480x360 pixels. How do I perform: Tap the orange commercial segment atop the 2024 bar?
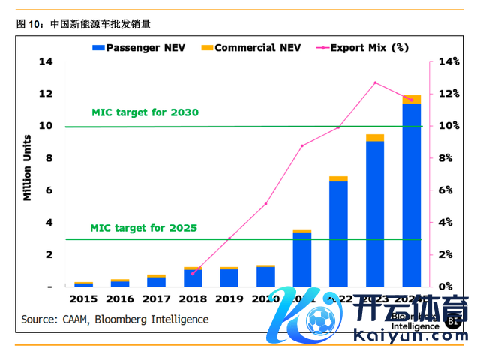point(411,99)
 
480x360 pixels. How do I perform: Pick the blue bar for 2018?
point(193,278)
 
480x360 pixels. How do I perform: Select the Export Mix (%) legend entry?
point(363,47)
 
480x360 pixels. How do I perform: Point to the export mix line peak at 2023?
point(375,82)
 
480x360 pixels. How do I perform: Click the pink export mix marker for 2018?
point(193,274)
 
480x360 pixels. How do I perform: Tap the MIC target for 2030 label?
point(145,112)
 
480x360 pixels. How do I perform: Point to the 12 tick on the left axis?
point(46,94)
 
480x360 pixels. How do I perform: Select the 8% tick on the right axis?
point(443,158)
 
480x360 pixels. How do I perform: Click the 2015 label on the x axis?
point(83,299)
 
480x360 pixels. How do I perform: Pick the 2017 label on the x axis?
point(156,299)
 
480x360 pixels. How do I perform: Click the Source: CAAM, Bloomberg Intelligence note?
point(115,319)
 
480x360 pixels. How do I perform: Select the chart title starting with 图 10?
point(83,24)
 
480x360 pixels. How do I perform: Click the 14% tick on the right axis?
point(445,61)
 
